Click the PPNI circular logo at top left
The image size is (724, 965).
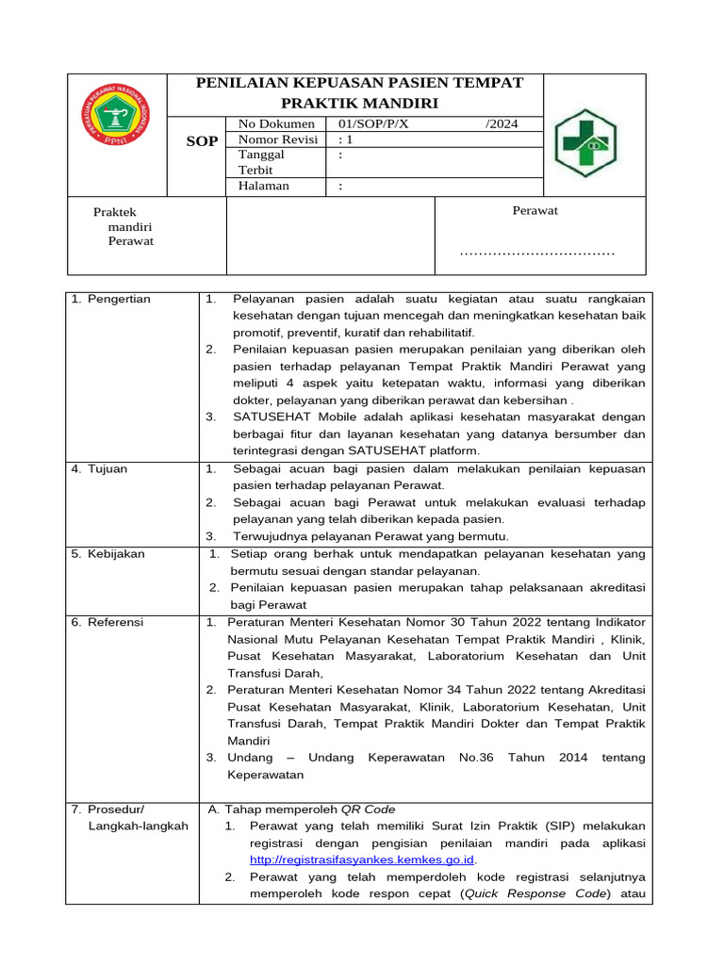pyautogui.click(x=115, y=117)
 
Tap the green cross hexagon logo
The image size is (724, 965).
pyautogui.click(x=588, y=143)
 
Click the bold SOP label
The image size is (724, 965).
pyautogui.click(x=203, y=140)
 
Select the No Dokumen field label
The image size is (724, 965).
pyautogui.click(x=276, y=123)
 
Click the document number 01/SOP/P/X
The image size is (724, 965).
pyautogui.click(x=374, y=123)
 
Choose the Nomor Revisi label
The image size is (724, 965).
pyautogui.click(x=278, y=139)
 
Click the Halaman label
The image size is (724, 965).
pyautogui.click(x=264, y=186)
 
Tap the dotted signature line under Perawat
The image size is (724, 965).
pyautogui.click(x=536, y=253)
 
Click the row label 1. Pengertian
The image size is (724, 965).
pyautogui.click(x=111, y=299)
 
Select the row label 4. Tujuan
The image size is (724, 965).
pyautogui.click(x=100, y=468)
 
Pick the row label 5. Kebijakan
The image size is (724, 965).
pyautogui.click(x=108, y=553)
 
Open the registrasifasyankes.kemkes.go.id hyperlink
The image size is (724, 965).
pyautogui.click(x=362, y=859)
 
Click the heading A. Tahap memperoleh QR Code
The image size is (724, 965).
pyautogui.click(x=301, y=809)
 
